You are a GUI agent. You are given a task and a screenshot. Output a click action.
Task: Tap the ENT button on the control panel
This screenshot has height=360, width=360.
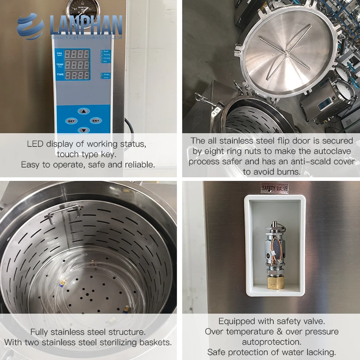coord(95,121)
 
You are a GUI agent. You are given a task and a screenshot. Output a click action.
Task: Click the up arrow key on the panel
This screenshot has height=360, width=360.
coord(83,111)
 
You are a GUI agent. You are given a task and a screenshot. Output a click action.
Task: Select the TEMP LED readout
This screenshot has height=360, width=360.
coord(77,65)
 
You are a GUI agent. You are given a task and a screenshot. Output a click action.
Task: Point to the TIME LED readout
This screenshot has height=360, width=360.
coord(77,75)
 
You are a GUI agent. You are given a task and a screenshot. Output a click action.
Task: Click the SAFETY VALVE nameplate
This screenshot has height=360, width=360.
coord(274,188)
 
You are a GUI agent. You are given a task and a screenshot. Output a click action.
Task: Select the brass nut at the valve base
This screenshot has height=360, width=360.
coord(273,283)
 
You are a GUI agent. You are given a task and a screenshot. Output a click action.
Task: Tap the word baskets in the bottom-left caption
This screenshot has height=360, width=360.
coord(155,342)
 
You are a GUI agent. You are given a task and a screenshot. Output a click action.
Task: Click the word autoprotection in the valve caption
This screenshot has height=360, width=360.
coord(271,342)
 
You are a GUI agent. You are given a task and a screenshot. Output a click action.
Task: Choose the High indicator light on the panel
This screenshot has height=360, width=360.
coord(106,74)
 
